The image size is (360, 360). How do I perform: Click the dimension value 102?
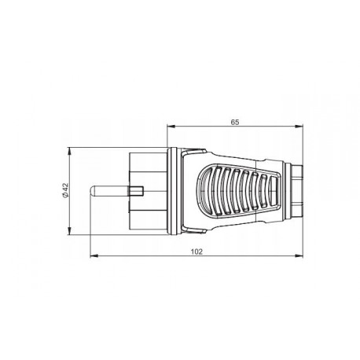point(197,252)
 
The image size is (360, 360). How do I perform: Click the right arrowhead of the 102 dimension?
point(303,257)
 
